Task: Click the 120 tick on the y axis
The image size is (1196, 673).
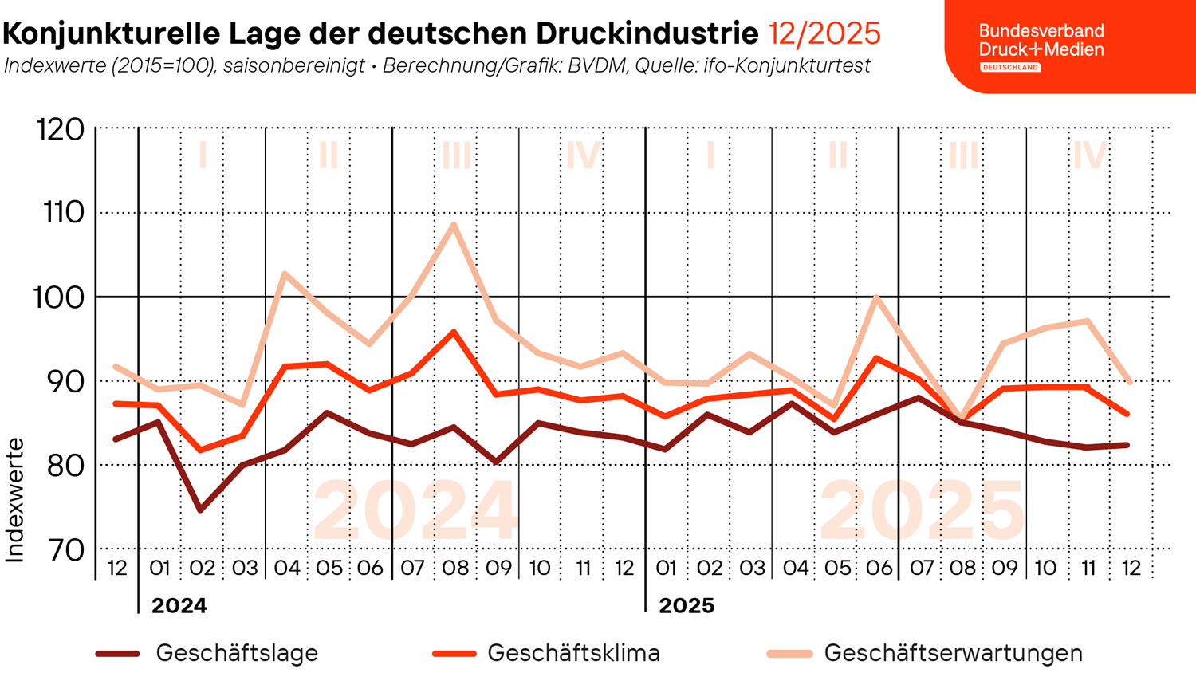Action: [61, 129]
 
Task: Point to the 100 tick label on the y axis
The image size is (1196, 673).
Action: [58, 298]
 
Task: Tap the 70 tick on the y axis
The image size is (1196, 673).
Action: [65, 549]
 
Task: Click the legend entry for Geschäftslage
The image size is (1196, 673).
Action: [236, 653]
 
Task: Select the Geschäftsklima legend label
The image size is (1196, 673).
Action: [572, 653]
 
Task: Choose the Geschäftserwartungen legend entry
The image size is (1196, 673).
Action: [953, 653]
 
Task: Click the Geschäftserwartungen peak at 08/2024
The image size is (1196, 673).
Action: [454, 224]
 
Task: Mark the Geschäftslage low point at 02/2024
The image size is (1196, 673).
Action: [201, 510]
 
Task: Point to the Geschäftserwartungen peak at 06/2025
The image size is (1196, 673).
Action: [876, 298]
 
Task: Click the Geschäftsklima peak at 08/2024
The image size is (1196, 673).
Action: [454, 332]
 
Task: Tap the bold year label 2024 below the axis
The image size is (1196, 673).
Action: [179, 606]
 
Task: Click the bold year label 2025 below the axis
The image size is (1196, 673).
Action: [687, 606]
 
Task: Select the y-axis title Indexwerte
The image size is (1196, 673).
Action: [15, 500]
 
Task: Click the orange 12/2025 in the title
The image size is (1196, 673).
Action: [824, 34]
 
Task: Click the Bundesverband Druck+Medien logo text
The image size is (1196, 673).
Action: [1041, 40]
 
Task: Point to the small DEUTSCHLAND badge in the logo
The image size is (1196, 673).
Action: [1010, 68]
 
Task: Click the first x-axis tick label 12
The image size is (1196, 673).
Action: [117, 568]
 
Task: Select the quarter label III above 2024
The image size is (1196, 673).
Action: [456, 155]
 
